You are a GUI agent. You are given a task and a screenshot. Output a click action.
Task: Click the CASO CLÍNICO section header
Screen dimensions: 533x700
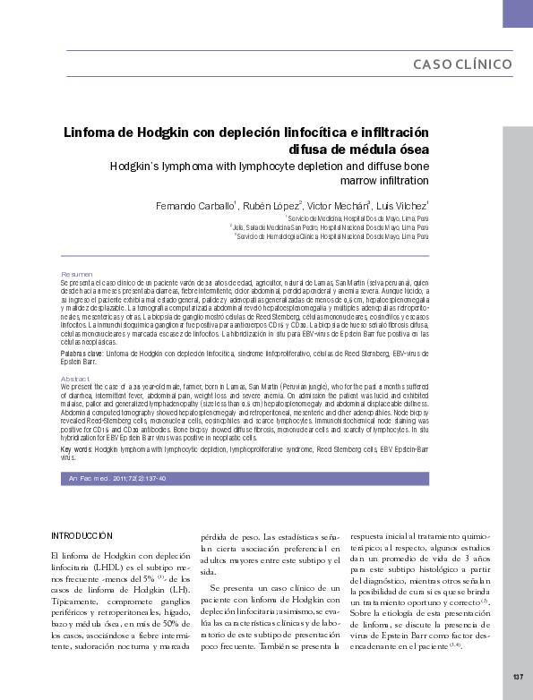462,64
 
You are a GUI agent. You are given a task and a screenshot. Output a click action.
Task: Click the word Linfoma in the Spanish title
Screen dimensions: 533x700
90,132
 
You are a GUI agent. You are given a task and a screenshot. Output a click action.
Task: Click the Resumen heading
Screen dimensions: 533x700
76,273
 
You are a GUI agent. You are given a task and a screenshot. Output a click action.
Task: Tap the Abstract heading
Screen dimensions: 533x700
75,379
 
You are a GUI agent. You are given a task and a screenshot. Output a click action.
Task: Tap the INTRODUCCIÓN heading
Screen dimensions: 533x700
82,535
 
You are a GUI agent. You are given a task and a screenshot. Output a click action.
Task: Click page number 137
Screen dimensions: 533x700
518,676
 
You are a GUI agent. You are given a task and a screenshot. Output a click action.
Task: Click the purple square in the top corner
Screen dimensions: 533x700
518,13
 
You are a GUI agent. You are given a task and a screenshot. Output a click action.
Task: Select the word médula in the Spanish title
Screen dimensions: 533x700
360,149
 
